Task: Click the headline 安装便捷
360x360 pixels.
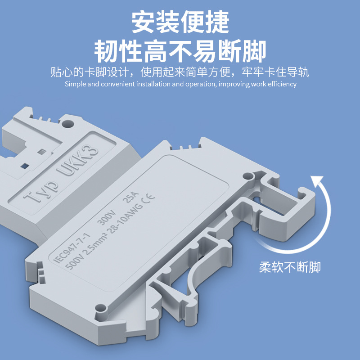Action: (180, 21)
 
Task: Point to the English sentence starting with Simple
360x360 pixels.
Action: (180, 84)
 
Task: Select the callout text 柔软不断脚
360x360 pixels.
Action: (290, 267)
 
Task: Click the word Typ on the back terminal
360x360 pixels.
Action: (41, 192)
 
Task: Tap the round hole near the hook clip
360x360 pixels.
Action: (247, 177)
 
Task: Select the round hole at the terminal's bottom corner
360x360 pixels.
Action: (100, 309)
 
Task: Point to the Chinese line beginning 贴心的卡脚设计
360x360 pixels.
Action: (180, 72)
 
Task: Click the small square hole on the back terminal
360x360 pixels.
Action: (42, 152)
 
